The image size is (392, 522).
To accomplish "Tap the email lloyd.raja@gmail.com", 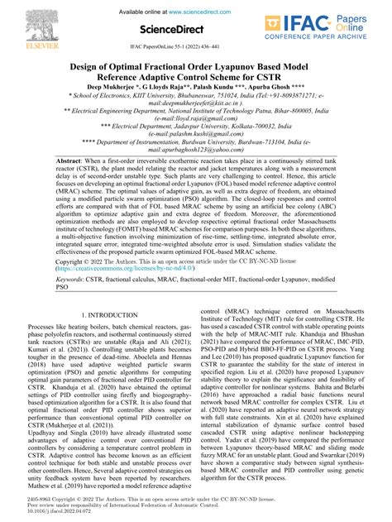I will (196, 117).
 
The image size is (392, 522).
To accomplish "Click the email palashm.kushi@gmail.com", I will (196, 134).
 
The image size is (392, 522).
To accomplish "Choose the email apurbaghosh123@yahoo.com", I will (196, 150).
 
